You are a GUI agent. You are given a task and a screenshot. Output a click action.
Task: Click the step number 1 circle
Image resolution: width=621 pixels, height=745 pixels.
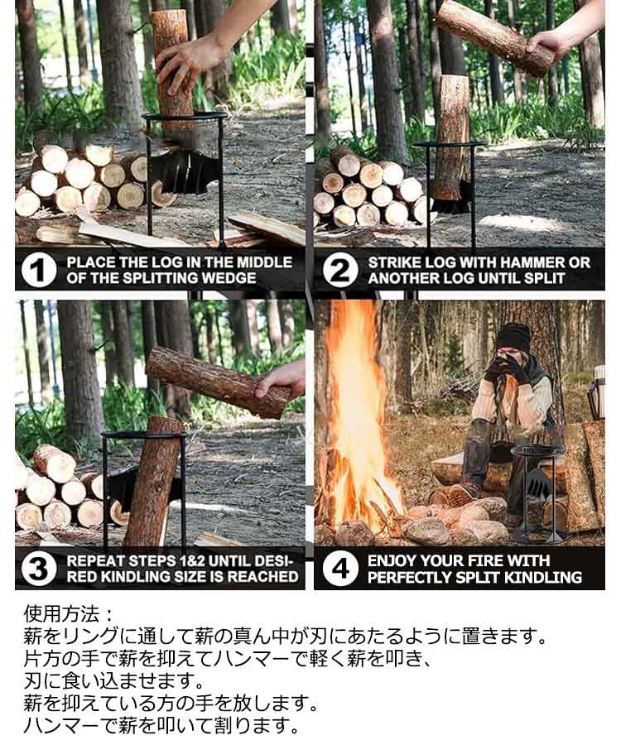coord(38,269)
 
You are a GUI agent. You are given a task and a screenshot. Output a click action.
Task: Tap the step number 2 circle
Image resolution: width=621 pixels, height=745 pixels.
coord(340,269)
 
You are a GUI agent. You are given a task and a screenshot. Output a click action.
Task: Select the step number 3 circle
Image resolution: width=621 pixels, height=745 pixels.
coord(38,568)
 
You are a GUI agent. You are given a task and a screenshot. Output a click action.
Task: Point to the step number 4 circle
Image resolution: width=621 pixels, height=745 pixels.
coord(340,568)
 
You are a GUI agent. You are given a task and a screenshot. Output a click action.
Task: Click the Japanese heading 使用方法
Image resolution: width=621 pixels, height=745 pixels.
coord(62,614)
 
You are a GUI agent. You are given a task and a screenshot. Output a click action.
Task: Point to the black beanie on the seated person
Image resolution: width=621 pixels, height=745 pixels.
coord(513,336)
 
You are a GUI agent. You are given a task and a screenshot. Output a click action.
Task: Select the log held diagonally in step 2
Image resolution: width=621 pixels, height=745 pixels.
coord(495,37)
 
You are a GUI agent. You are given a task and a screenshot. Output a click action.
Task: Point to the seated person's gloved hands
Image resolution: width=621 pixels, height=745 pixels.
coord(508,369)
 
